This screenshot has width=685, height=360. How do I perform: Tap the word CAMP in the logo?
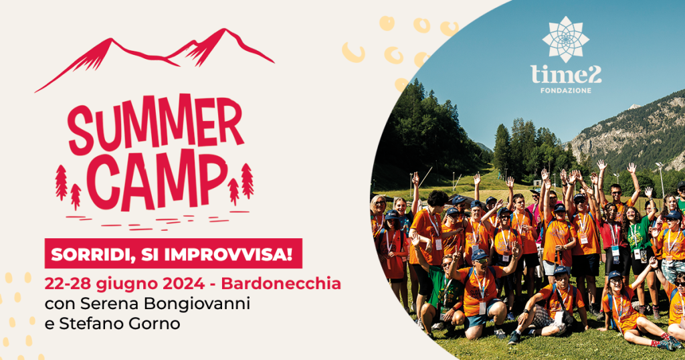157,181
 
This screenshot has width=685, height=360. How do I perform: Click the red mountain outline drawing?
155,60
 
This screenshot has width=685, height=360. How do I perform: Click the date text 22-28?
68,284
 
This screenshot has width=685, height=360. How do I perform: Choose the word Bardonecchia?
281,284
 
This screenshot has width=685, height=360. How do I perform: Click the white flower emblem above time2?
566,39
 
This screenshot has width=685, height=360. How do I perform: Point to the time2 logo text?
566,75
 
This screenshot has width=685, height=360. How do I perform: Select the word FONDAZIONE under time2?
566,90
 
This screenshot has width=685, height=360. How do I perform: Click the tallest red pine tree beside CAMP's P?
247,181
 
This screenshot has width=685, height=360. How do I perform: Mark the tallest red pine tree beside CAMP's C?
61,183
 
